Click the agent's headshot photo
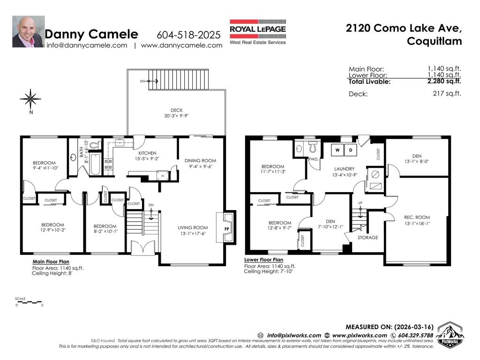(28, 32)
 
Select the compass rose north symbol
(30, 99)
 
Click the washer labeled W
(337, 150)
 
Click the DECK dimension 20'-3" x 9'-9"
(176, 116)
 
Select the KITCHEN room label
(147, 153)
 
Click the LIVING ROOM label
(193, 228)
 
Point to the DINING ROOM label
(200, 160)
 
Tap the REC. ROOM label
(417, 217)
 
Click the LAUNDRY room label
(344, 169)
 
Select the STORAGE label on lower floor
(367, 238)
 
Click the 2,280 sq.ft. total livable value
(444, 81)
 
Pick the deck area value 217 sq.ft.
(447, 94)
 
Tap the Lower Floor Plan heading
(263, 259)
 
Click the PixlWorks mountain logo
(450, 335)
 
